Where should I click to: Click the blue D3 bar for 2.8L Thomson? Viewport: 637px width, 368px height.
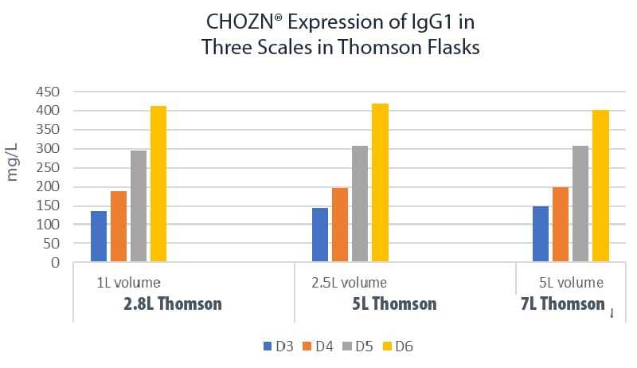pyautogui.click(x=99, y=237)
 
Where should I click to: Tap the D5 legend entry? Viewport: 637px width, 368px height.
pyautogui.click(x=358, y=346)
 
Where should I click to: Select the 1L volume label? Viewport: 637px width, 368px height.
pyautogui.click(x=128, y=282)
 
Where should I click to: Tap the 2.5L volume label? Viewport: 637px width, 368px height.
pyautogui.click(x=350, y=282)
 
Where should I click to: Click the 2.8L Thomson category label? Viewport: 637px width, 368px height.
pyautogui.click(x=173, y=303)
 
